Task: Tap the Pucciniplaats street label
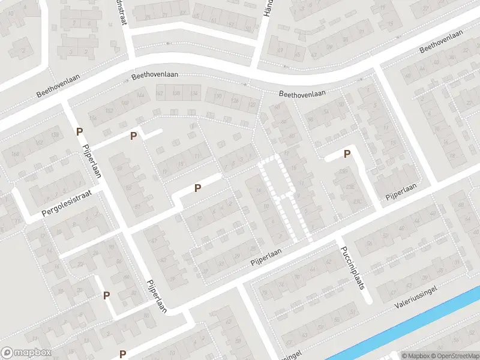(x=352, y=268)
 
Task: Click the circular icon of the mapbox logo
(x=7, y=353)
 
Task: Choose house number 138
(x=176, y=93)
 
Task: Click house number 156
(x=92, y=118)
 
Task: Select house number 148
(x=126, y=103)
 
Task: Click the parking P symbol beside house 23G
(x=346, y=154)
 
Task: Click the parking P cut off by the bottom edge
(x=122, y=355)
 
